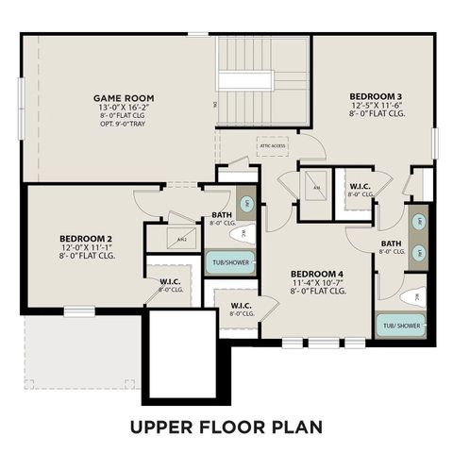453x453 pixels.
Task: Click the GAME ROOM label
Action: coord(124,98)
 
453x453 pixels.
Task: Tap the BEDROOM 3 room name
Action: coord(376,96)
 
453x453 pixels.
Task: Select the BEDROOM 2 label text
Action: coord(86,238)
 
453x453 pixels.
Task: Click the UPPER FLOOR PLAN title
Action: coord(226,427)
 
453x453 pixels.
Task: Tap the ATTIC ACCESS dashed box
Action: coord(273,146)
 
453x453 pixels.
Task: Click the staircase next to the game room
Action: coord(263,80)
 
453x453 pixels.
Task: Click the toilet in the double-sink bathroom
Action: coord(411,296)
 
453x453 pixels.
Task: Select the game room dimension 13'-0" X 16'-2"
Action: coord(124,109)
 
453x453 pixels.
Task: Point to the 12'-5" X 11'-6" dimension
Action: coord(376,107)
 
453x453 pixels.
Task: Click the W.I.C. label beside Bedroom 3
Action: coord(360,185)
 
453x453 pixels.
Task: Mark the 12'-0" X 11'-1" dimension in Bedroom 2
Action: coord(86,247)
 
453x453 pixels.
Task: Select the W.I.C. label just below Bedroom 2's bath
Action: coord(170,281)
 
